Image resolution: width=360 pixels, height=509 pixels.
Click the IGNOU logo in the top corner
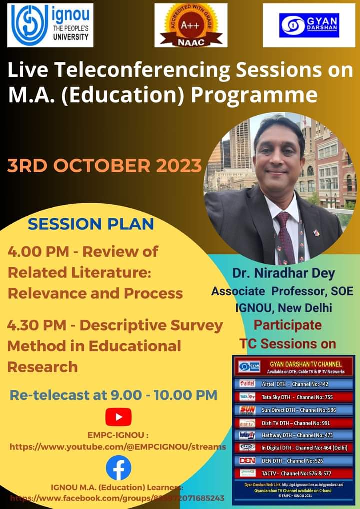(x=50, y=25)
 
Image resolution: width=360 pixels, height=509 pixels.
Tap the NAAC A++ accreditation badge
(x=191, y=25)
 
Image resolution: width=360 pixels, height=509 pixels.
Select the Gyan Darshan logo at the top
(x=309, y=25)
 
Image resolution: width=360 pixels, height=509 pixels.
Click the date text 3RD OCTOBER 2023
(x=104, y=165)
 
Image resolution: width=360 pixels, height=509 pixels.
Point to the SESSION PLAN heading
(x=91, y=224)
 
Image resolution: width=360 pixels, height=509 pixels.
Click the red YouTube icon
(x=118, y=417)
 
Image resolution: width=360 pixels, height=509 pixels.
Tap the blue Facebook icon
(x=118, y=468)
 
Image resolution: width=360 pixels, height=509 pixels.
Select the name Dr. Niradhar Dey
(x=283, y=273)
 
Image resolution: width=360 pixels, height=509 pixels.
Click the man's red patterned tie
(x=285, y=235)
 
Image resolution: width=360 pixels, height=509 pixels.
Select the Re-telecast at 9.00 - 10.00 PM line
(x=114, y=395)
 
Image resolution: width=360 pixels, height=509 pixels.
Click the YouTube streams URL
(x=118, y=446)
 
